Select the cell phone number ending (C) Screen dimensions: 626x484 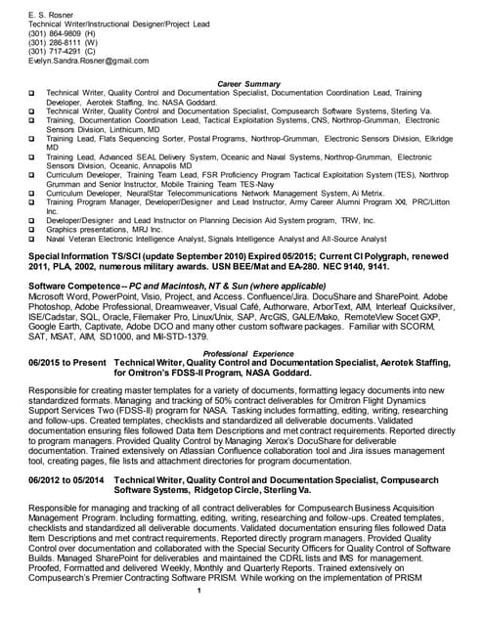(63, 51)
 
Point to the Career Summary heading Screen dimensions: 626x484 (247, 84)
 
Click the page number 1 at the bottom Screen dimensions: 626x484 (198, 618)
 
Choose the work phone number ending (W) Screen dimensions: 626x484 (63, 42)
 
